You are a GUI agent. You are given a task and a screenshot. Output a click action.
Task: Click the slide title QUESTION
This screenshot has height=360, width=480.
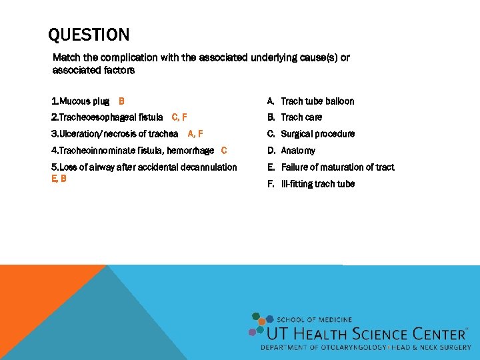pyautogui.click(x=89, y=35)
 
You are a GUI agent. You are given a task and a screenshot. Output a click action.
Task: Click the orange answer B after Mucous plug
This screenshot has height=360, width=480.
pyautogui.click(x=121, y=101)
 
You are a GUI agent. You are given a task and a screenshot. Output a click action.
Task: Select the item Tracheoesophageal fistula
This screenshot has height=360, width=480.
pyautogui.click(x=107, y=117)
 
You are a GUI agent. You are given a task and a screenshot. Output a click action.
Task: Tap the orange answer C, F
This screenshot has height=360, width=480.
pyautogui.click(x=179, y=117)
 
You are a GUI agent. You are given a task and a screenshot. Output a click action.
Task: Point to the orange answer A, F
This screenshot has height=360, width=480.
pyautogui.click(x=195, y=134)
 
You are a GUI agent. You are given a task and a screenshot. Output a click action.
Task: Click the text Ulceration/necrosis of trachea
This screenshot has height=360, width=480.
pyautogui.click(x=115, y=134)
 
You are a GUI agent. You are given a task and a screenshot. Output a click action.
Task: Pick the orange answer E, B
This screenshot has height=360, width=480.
pyautogui.click(x=59, y=179)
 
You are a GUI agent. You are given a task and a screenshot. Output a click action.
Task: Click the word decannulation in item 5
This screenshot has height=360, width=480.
pyautogui.click(x=209, y=167)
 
